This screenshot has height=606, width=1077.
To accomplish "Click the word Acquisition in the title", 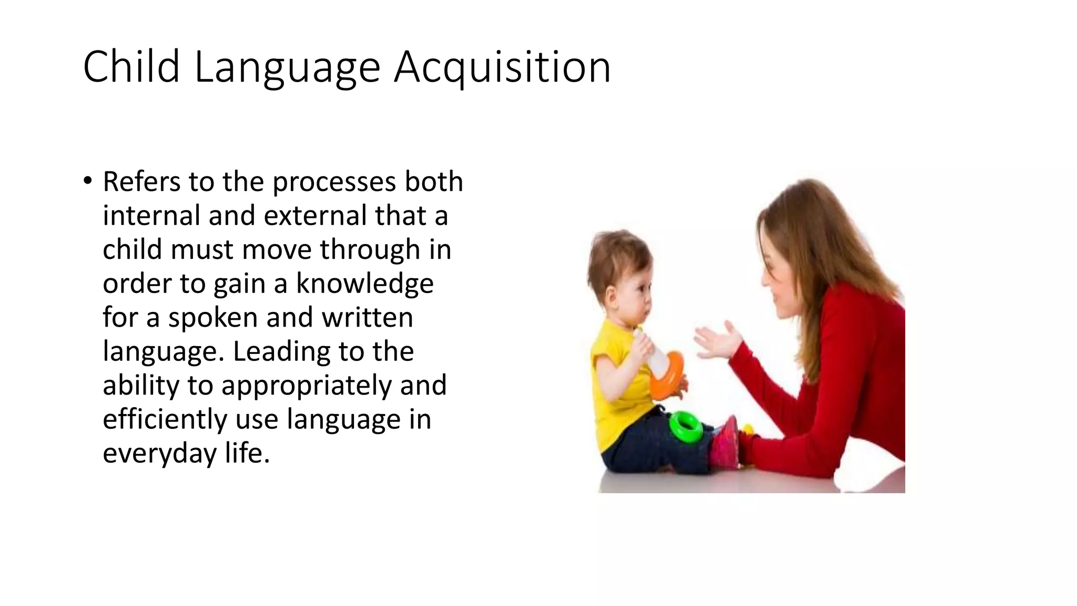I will (502, 67).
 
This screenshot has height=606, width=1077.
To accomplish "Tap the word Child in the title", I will (131, 66).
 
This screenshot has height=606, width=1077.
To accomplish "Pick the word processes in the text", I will (333, 183).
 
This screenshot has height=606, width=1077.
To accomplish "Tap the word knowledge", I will (365, 284).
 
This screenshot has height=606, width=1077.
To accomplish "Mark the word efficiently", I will (165, 420).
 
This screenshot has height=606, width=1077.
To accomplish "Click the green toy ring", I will (686, 426).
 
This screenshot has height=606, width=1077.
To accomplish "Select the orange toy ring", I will (668, 376).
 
